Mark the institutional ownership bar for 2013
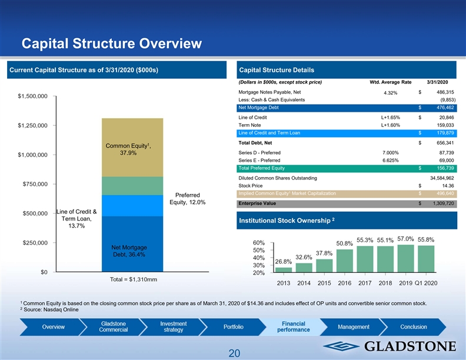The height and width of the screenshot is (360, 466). [284, 270]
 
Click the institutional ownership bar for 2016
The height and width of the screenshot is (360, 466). [344, 261]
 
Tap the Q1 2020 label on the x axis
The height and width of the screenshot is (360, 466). [425, 284]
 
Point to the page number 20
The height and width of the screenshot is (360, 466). [234, 353]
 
